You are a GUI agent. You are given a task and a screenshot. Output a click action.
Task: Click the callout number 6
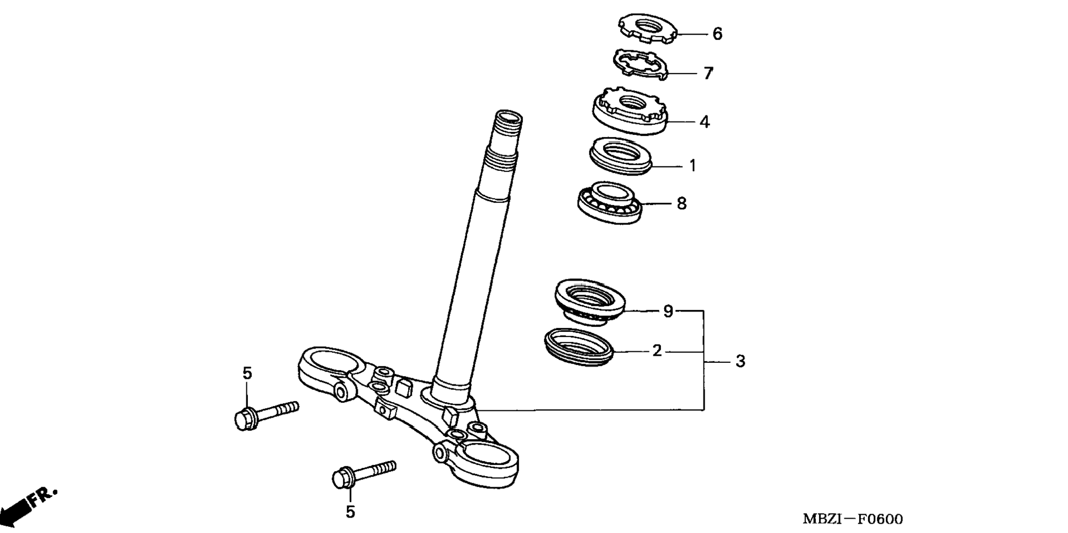coord(717,34)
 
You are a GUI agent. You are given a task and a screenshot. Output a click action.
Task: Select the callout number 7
coord(708,73)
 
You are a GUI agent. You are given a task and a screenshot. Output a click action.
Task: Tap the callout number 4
coord(704,122)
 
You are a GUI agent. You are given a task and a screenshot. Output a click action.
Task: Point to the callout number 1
coord(692,165)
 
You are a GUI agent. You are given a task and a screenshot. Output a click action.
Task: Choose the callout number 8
coord(681,203)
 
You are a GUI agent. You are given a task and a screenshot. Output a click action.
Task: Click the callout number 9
coord(668,311)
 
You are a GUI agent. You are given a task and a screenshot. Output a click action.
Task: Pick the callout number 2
coord(657,351)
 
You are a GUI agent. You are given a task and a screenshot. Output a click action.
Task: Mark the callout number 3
coord(740,361)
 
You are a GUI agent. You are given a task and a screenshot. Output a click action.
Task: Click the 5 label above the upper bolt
coord(247,373)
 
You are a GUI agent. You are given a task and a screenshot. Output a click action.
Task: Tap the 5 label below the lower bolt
coord(350,512)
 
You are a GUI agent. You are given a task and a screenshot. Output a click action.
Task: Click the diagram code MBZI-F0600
coord(853,519)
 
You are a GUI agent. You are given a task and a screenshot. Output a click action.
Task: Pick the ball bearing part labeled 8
coord(611,201)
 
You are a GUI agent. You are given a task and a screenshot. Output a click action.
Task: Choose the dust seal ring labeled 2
coord(579,346)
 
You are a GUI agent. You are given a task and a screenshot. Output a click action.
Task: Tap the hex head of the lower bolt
coord(343,478)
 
